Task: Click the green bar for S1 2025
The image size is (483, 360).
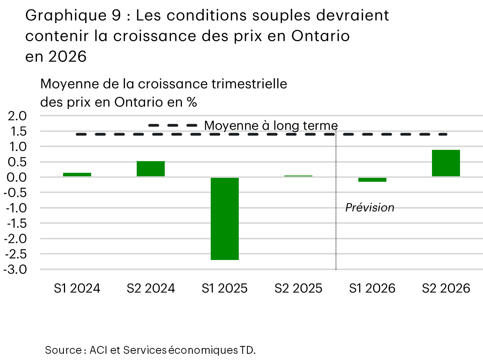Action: click(225, 218)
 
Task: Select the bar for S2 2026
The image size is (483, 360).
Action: click(446, 163)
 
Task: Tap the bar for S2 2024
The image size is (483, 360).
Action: click(151, 169)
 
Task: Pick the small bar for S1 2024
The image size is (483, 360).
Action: click(77, 175)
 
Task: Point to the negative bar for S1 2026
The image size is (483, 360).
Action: click(372, 179)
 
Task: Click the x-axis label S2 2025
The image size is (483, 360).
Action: click(298, 288)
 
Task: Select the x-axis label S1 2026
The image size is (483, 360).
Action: click(372, 288)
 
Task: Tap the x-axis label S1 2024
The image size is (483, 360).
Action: click(77, 288)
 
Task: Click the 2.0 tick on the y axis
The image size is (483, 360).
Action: click(16, 116)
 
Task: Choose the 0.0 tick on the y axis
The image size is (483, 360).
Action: click(16, 177)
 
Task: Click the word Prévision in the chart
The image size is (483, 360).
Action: click(370, 208)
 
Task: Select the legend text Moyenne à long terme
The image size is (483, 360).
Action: click(271, 125)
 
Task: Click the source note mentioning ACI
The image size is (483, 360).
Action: click(150, 350)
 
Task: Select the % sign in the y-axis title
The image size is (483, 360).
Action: click(191, 102)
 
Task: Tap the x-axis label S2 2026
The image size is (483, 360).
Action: click(446, 288)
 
